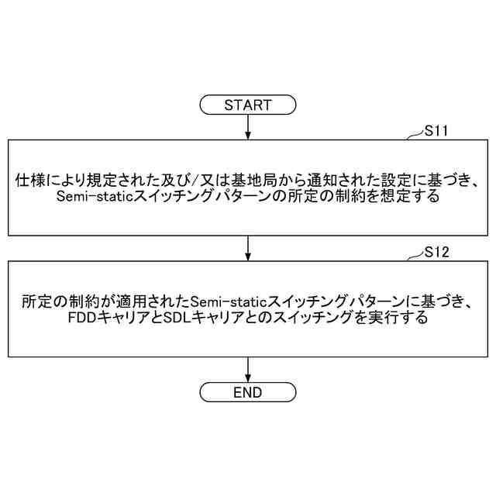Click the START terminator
tap(248, 105)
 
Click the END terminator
tap(248, 392)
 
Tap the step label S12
tap(438, 253)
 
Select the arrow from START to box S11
tap(248, 126)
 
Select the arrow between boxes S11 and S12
tap(248, 248)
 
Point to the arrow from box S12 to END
tap(248, 369)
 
